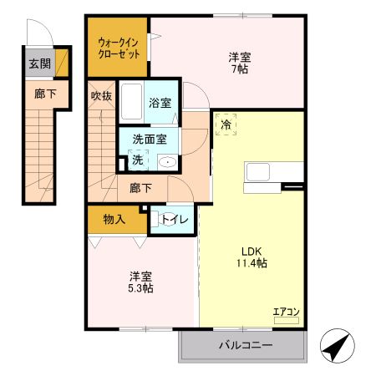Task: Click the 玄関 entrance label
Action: tap(38, 64)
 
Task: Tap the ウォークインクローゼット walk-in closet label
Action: tap(117, 47)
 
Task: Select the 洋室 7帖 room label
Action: tap(241, 64)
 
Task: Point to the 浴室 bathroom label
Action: tap(160, 104)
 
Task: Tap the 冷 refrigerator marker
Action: tap(226, 124)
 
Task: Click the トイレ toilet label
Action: tap(175, 220)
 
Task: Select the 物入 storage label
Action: tap(114, 220)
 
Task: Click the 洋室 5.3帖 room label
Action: tap(140, 282)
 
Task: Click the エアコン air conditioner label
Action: tap(285, 312)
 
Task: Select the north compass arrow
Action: tap(337, 345)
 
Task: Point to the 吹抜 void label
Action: tap(100, 95)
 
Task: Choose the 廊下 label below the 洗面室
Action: tap(140, 189)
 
